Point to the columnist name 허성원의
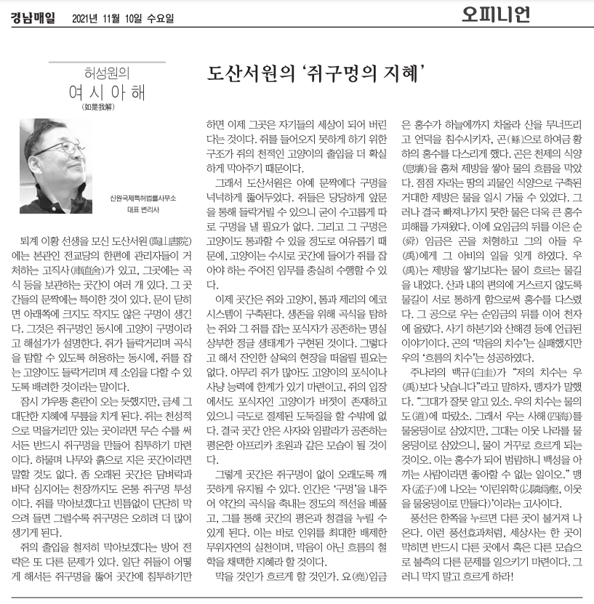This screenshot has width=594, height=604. (106, 73)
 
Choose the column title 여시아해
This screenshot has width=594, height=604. (106, 92)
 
